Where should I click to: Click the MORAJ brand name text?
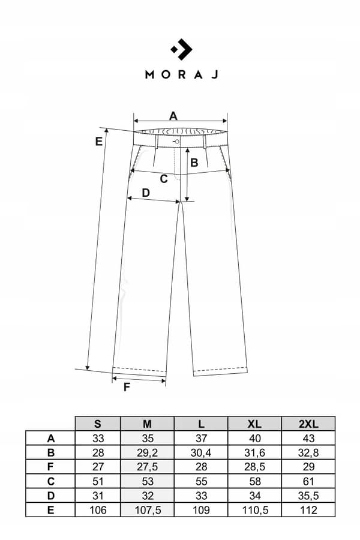[182, 74]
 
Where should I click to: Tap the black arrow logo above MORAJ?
[182, 50]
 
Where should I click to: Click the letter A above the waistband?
[173, 116]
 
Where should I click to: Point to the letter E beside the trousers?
[99, 141]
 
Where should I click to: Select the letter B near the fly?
[194, 163]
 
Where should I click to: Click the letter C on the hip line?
[164, 179]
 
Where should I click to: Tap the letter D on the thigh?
[146, 193]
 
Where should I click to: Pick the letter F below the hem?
[127, 387]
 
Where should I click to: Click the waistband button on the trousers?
[177, 141]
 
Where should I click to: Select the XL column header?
[254, 424]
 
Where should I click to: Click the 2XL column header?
[308, 424]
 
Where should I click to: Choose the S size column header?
[98, 424]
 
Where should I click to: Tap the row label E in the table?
[50, 510]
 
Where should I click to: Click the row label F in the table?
[50, 467]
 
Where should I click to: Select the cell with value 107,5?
[148, 510]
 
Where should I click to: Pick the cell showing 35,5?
[308, 496]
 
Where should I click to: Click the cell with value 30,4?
[201, 452]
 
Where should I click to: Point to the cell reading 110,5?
[254, 510]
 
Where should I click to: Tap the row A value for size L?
[201, 438]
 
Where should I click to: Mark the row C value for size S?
[98, 481]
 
